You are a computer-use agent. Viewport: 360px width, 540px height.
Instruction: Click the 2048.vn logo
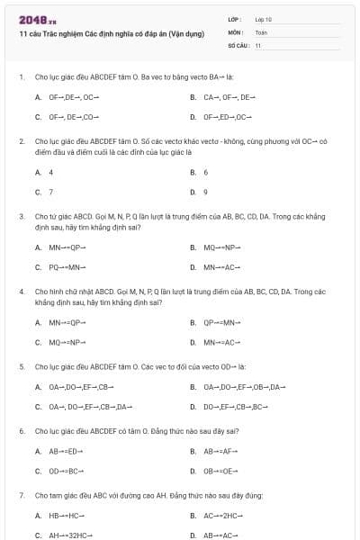pos(32,20)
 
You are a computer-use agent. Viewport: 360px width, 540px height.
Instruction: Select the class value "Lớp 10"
pos(265,18)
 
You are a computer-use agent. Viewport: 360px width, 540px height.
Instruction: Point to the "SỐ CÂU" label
pos(238,44)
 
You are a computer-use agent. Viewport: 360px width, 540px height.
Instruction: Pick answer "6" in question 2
pos(206,172)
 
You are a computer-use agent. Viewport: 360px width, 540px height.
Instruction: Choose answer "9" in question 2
pos(206,192)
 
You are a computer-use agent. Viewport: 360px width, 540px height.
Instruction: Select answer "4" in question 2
pos(50,172)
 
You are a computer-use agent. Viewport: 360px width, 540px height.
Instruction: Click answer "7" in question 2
pos(50,192)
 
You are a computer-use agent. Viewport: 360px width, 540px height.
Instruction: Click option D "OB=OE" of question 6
pos(220,471)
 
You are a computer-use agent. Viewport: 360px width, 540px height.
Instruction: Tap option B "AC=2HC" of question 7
pos(222,516)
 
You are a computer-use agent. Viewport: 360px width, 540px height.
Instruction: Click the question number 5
pos(21,367)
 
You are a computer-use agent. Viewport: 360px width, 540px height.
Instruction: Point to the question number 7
pos(21,495)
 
